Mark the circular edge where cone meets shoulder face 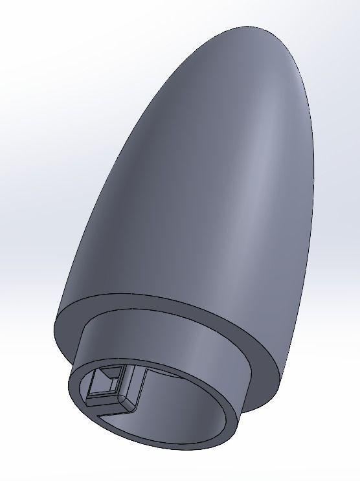pyautogui.click(x=162, y=293)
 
